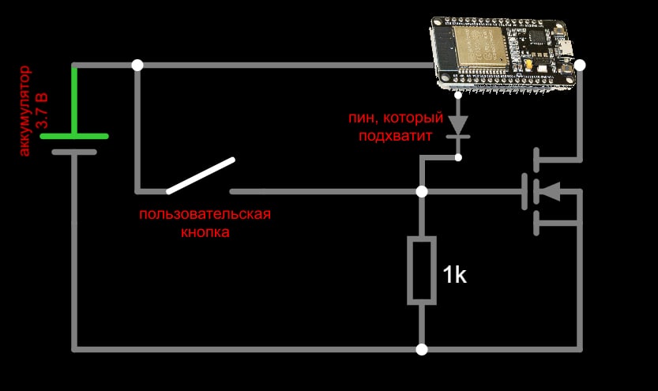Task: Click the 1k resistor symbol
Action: [421, 269]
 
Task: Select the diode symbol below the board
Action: [457, 125]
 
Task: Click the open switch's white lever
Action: [201, 175]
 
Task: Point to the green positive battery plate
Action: [74, 136]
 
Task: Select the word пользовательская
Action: [205, 215]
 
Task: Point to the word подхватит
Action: [395, 137]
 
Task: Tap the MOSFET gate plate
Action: [525, 191]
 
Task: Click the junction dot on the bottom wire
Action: [422, 348]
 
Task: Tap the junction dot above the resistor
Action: [422, 191]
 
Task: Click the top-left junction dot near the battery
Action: [137, 65]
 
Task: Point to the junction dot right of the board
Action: [580, 65]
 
